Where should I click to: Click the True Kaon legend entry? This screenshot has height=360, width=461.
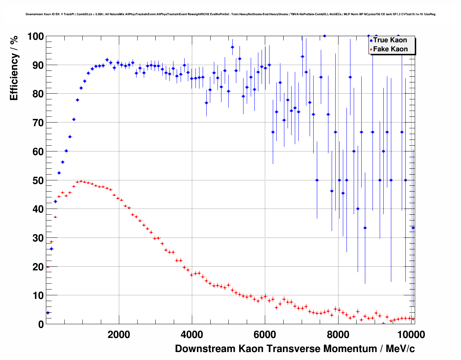[390, 40]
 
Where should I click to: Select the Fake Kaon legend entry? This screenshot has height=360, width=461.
[390, 49]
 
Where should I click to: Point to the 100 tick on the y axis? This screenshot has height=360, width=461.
[35, 37]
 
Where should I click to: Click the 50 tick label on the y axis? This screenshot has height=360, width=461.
[35, 180]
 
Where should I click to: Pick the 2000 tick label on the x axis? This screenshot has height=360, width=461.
[119, 335]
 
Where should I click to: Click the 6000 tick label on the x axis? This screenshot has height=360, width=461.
[265, 335]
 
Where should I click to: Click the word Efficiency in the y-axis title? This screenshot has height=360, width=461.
[14, 78]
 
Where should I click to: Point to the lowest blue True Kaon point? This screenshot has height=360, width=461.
[48, 313]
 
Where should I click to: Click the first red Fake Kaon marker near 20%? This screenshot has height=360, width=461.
[47, 267]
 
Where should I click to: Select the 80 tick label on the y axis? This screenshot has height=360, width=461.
[35, 94]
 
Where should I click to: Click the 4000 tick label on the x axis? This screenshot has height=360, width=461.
[192, 335]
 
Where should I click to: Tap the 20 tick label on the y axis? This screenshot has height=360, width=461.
[35, 267]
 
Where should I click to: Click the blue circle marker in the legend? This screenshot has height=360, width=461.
[371, 41]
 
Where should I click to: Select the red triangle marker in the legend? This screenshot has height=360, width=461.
[371, 50]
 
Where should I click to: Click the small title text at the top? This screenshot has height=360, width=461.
[231, 14]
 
